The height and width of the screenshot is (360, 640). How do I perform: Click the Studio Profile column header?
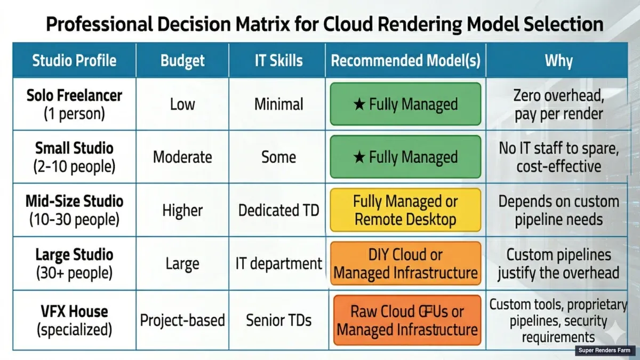click(x=74, y=60)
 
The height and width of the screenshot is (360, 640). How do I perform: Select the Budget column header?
click(x=182, y=60)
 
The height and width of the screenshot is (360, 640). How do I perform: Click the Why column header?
click(x=558, y=60)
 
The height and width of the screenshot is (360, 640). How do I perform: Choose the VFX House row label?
click(x=74, y=320)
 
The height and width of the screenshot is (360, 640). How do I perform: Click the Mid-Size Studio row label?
click(x=74, y=210)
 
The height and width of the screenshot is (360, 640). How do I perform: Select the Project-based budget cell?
click(x=182, y=321)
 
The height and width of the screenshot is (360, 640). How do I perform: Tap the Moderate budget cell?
click(x=182, y=157)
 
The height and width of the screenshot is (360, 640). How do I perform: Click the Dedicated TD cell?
click(x=278, y=210)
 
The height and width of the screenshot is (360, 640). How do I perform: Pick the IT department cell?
click(x=279, y=263)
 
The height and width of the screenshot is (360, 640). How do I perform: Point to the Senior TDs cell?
click(x=278, y=321)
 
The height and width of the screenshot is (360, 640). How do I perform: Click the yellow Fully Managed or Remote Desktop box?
click(x=405, y=210)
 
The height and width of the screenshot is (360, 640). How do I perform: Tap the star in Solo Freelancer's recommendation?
click(x=359, y=105)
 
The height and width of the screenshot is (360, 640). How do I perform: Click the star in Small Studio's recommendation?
click(x=359, y=157)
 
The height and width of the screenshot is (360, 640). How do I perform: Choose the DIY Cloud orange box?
click(x=405, y=263)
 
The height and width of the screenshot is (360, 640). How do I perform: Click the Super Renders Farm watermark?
click(x=605, y=350)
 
